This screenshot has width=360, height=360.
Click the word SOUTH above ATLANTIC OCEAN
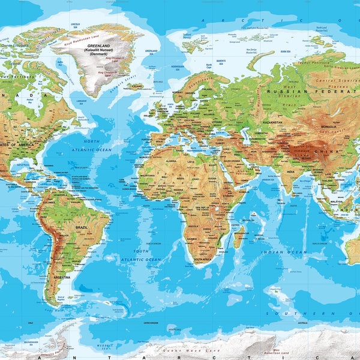pos(141,251)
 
